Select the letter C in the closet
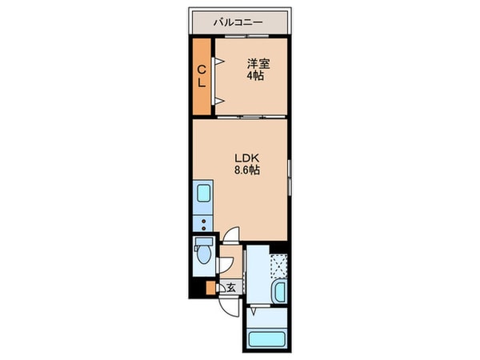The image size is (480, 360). (x=202, y=68)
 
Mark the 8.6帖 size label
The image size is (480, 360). (x=246, y=170)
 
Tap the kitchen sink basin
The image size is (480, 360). (x=203, y=194)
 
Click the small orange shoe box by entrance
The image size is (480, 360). (x=210, y=288)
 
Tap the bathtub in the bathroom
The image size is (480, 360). (x=268, y=337)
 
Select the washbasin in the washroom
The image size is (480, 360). (x=279, y=293)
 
